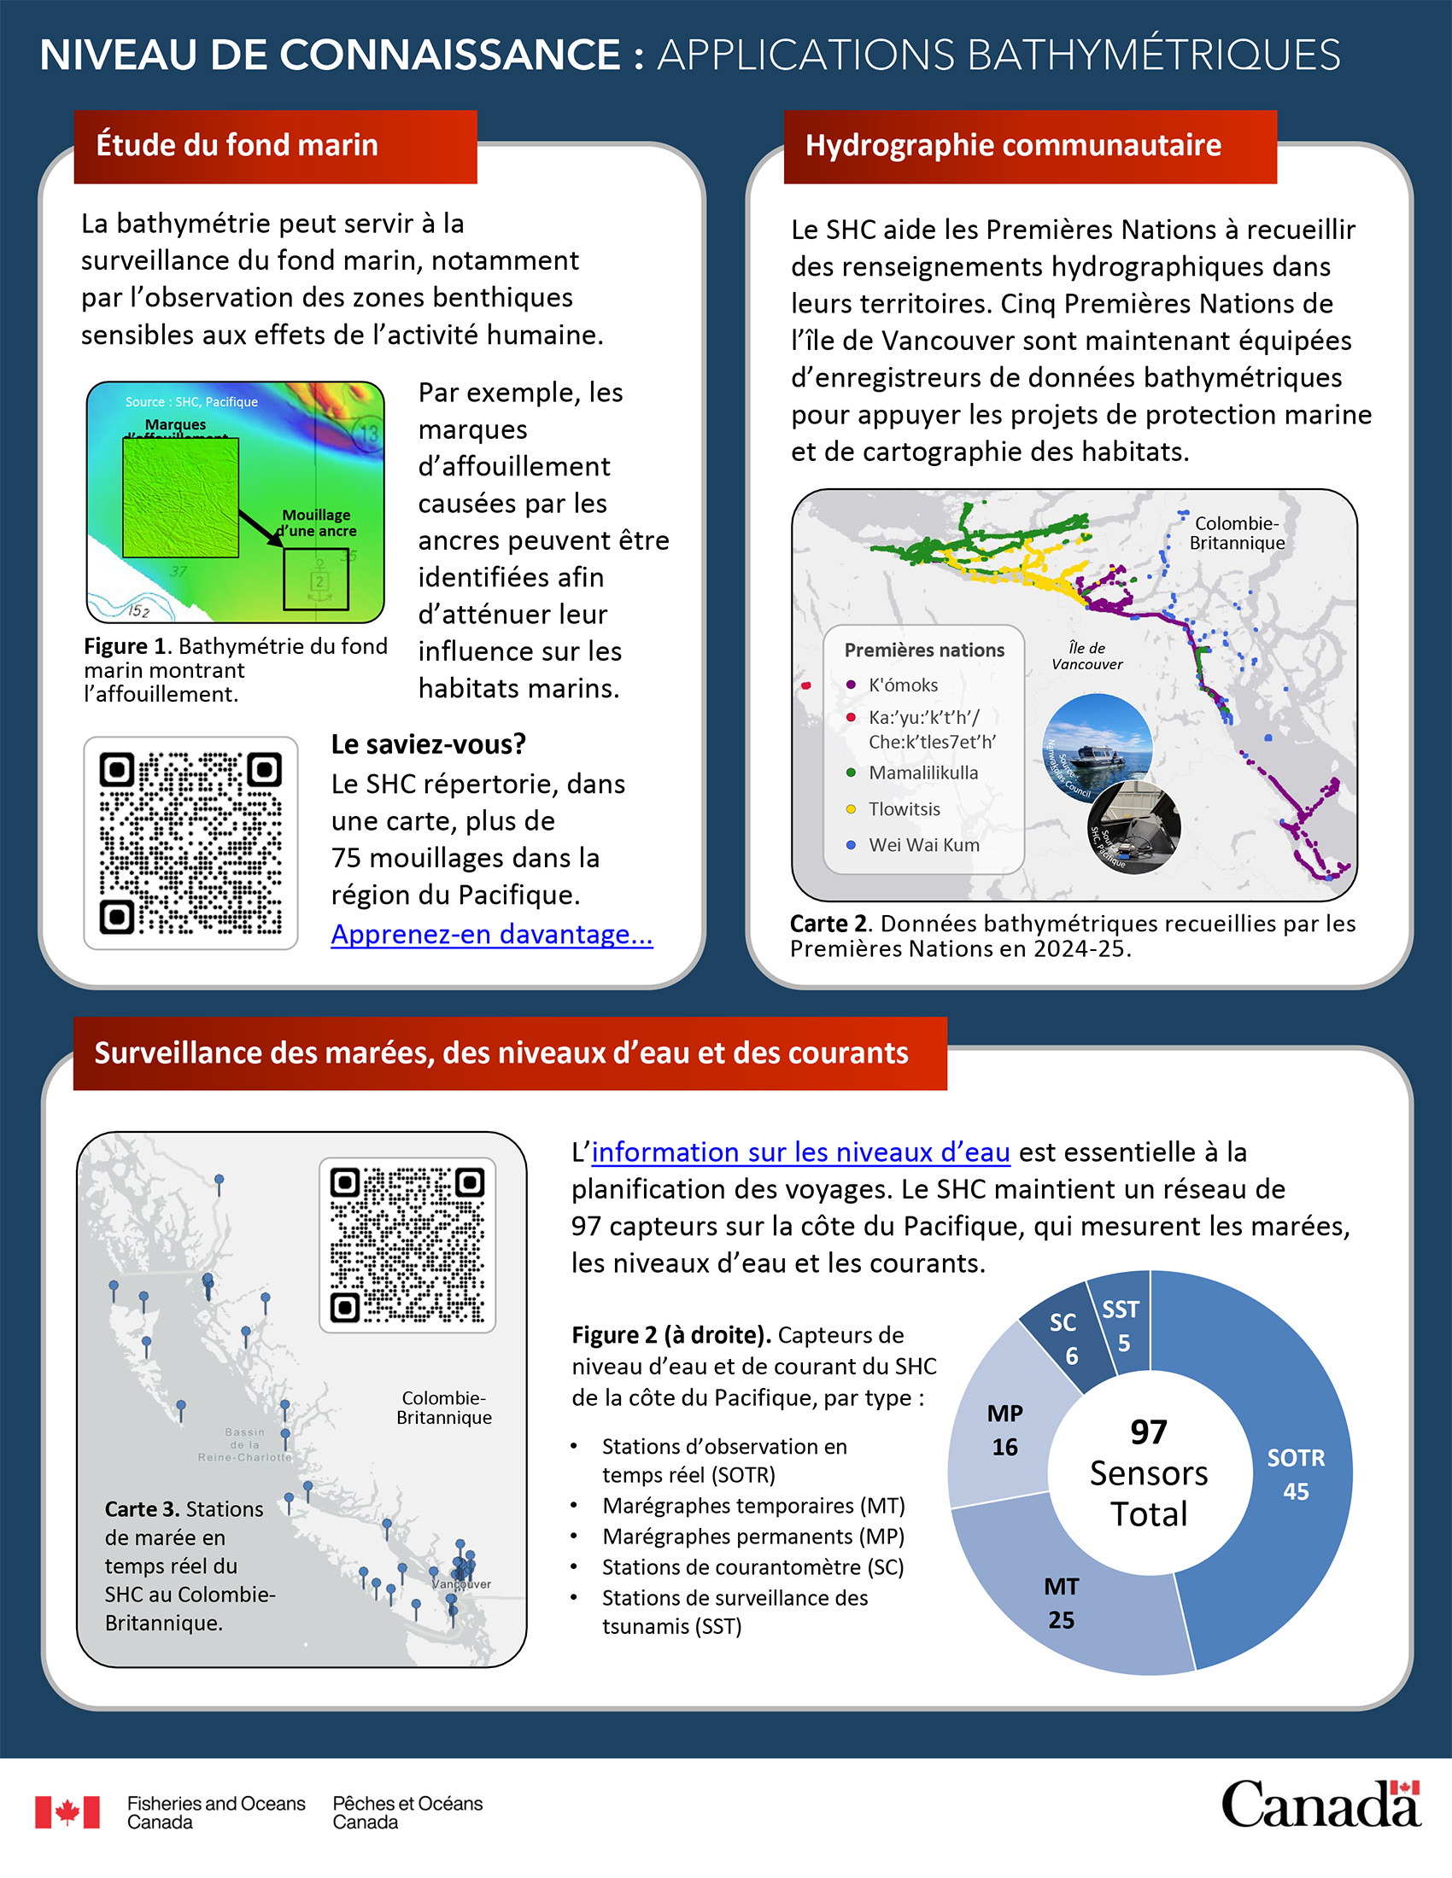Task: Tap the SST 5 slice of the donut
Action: [x=1121, y=1324]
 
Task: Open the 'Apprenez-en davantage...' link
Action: [x=491, y=934]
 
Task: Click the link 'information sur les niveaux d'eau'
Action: [x=800, y=1152]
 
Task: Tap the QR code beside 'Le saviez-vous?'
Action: [x=190, y=843]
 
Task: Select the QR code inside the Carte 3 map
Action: [x=407, y=1245]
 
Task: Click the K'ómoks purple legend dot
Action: [x=851, y=685]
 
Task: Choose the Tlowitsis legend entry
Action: [x=903, y=809]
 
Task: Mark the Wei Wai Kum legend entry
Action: [x=923, y=845]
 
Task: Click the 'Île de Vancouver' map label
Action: [x=1086, y=656]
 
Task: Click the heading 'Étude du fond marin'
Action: [x=237, y=145]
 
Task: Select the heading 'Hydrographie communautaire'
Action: [x=1012, y=145]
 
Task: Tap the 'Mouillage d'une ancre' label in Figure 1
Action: [x=317, y=522]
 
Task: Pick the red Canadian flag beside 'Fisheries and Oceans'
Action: [x=67, y=1811]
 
